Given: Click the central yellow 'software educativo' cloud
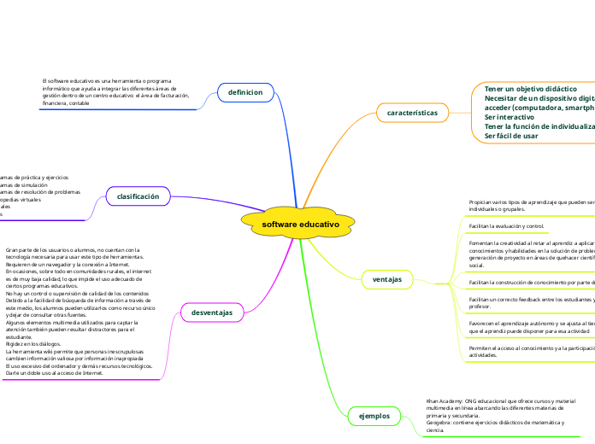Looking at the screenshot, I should (300, 224).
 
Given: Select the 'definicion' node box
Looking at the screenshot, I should (245, 91).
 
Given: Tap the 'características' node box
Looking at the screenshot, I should (412, 113).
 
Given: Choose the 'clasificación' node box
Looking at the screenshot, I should (138, 196).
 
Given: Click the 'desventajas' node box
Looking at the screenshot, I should (212, 313).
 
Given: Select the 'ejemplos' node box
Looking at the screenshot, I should (374, 416).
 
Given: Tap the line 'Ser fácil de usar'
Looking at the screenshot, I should (511, 136).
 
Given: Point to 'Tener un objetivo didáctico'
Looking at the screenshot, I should (530, 89).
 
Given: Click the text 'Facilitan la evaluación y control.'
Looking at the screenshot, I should (506, 226).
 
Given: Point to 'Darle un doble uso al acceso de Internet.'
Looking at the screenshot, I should (55, 373).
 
